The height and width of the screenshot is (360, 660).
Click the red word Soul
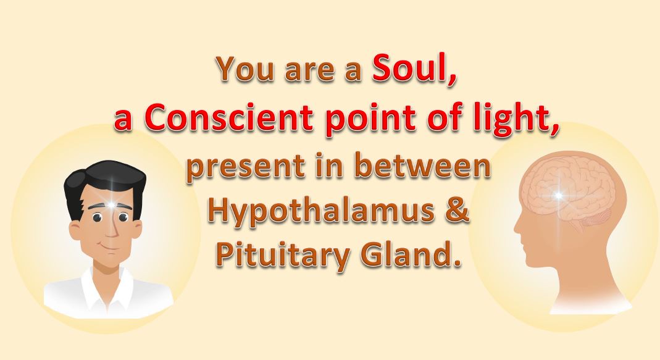tap(413, 69)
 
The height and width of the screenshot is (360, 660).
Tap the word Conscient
tap(230, 117)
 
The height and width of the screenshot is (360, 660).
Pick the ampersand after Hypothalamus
tap(456, 210)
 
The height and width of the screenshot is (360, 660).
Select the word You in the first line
tap(247, 68)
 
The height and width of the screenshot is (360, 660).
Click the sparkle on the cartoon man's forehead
tap(111, 205)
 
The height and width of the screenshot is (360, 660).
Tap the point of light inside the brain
tap(558, 195)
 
